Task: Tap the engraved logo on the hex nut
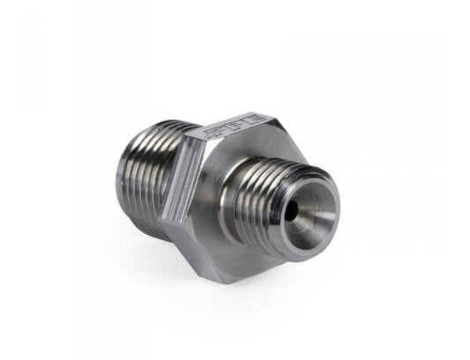click(231, 125)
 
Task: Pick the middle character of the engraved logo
click(231, 125)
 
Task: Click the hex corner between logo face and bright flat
click(187, 146)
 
